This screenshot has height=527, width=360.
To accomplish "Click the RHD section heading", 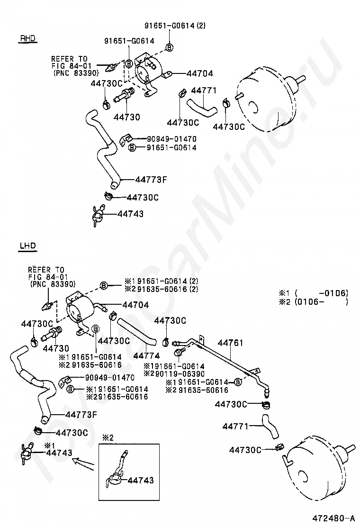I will tap(28, 38).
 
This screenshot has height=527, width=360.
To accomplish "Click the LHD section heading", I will tap(27, 245).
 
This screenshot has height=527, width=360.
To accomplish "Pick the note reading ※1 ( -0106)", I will tap(314, 292).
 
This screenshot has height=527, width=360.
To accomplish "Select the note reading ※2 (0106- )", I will tap(314, 301).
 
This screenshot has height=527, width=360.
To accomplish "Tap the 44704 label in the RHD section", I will tap(199, 73).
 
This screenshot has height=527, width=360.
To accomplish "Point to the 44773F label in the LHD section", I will tap(81, 415).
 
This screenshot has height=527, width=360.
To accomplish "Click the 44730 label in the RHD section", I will tap(127, 117).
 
